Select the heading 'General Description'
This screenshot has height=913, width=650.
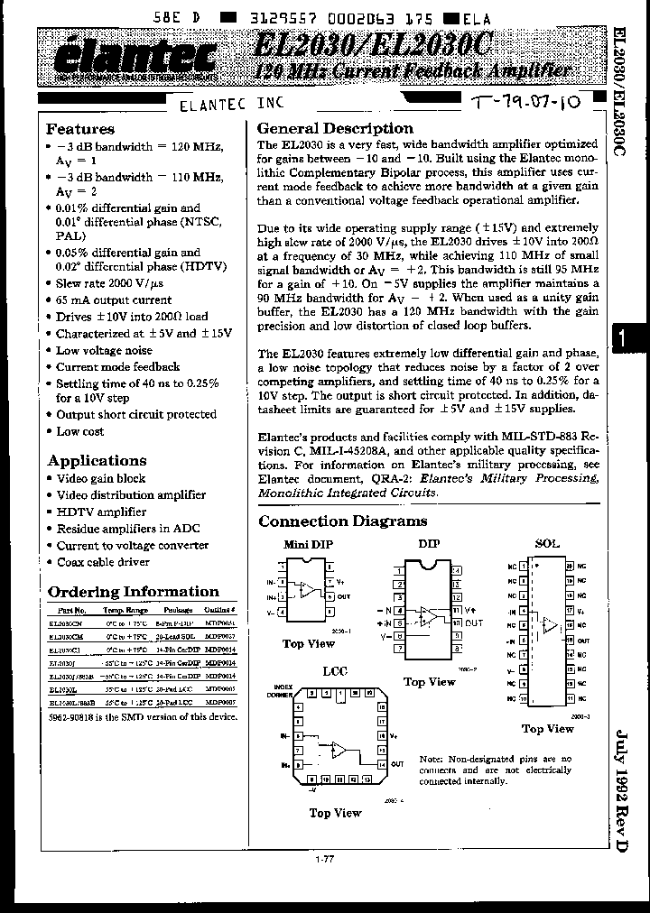point(335,128)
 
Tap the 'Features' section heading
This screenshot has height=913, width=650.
point(80,129)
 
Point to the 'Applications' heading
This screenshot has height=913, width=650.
point(97,460)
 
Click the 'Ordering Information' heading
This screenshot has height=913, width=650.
point(133,592)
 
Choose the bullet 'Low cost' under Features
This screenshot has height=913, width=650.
point(81,431)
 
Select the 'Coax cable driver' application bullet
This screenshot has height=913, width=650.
point(103,562)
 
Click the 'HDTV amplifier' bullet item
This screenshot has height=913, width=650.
point(101,512)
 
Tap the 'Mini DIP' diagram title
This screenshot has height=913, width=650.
point(308,544)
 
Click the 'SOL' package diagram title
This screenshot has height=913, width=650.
point(547,544)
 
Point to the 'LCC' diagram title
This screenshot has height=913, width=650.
point(335,671)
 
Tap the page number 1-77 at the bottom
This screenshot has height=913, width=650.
point(325,859)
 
